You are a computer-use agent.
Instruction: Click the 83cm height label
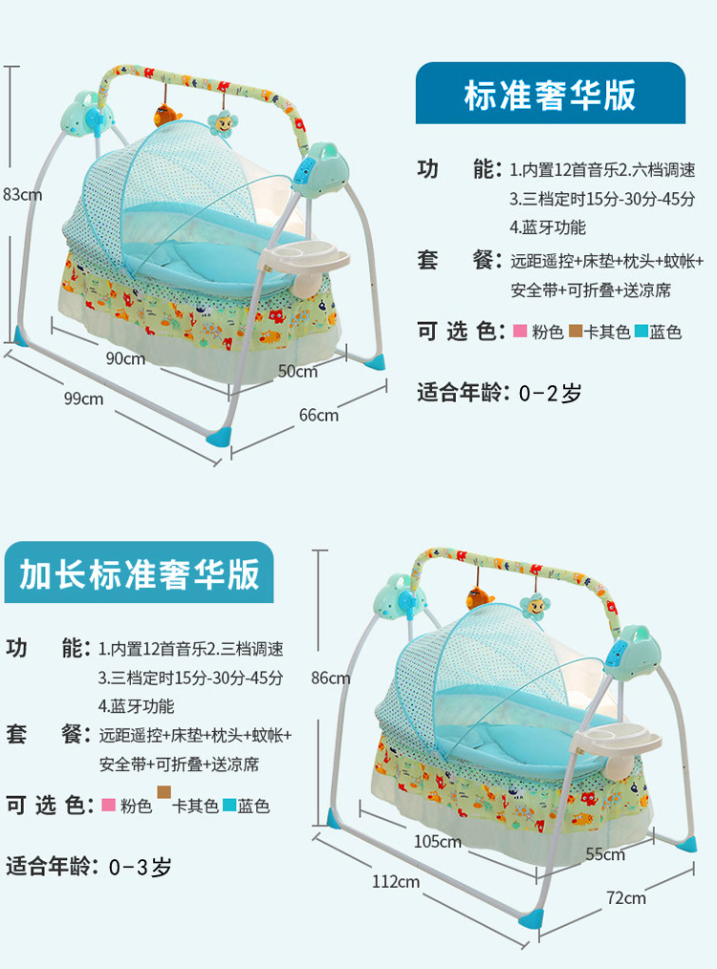click(x=22, y=195)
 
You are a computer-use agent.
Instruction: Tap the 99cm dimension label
click(x=83, y=398)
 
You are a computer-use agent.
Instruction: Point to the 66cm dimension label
click(x=319, y=416)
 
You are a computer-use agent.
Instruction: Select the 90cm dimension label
click(x=125, y=358)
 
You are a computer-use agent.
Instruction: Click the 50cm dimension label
click(x=298, y=371)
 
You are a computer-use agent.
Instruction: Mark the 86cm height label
click(x=331, y=678)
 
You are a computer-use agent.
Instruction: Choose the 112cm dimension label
click(x=396, y=881)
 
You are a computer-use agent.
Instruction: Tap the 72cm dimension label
click(x=626, y=898)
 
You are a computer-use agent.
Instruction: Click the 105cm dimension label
click(x=438, y=841)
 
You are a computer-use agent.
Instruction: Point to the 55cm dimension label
click(x=606, y=854)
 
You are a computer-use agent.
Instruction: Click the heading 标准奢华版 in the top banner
click(x=550, y=96)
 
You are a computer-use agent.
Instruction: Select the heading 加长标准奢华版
click(x=139, y=574)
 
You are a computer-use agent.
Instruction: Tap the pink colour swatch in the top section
click(x=520, y=332)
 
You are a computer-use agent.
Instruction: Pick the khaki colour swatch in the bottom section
click(x=163, y=791)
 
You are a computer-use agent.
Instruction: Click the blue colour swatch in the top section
click(x=641, y=332)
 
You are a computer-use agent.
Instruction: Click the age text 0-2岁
click(x=550, y=393)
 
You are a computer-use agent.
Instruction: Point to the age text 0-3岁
click(x=141, y=867)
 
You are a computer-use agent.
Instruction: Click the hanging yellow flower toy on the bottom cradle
click(x=535, y=606)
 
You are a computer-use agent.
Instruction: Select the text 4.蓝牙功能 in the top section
click(x=547, y=227)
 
